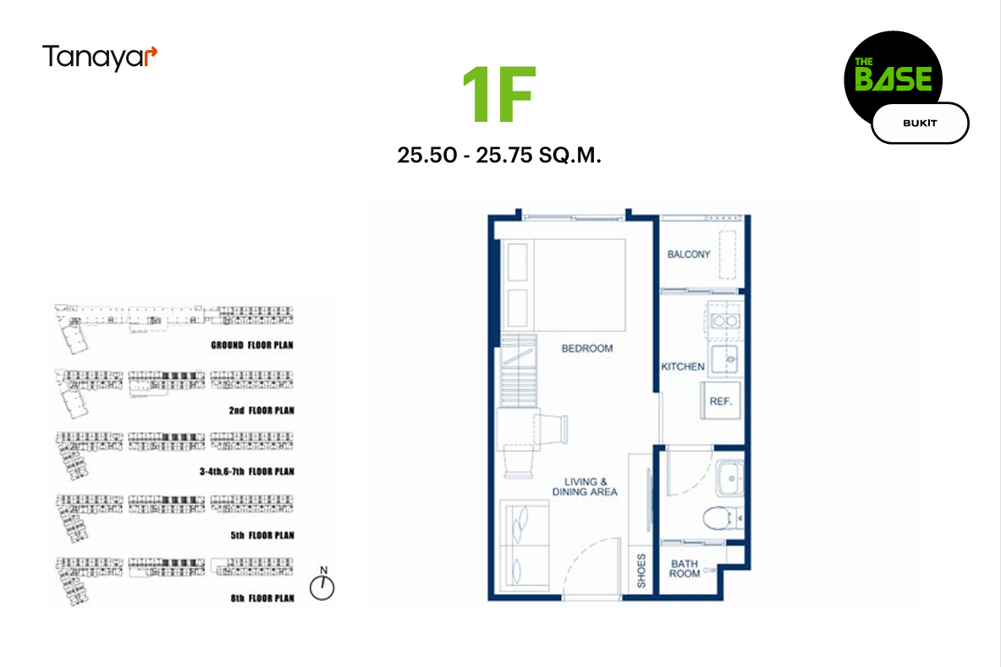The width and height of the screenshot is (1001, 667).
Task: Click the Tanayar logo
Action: pos(100,58)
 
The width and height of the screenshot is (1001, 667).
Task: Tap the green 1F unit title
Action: pos(499,95)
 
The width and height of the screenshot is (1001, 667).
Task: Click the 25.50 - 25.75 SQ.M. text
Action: pos(499,155)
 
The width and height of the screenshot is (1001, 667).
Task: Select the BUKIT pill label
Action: pos(920,124)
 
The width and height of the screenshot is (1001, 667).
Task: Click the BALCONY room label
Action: pos(689,254)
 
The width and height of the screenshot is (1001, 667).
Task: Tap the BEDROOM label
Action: pos(587,348)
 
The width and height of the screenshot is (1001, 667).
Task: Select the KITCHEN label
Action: pos(683,367)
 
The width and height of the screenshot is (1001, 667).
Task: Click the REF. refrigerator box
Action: pos(722,400)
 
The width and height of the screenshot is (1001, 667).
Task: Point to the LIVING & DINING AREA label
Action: pos(585,487)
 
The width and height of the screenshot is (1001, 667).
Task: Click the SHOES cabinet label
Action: pos(641,571)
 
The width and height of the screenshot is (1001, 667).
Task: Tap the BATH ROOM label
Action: pos(685,569)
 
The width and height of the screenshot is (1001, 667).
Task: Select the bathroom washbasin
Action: pos(729,478)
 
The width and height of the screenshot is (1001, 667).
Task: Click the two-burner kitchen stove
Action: pos(725,321)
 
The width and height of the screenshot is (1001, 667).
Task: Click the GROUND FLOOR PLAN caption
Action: pos(252,345)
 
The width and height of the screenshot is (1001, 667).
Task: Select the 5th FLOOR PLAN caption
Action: pos(262,536)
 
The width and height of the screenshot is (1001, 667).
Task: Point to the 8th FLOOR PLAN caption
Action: pos(262,598)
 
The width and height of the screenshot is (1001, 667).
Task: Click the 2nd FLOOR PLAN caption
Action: pos(261,411)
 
